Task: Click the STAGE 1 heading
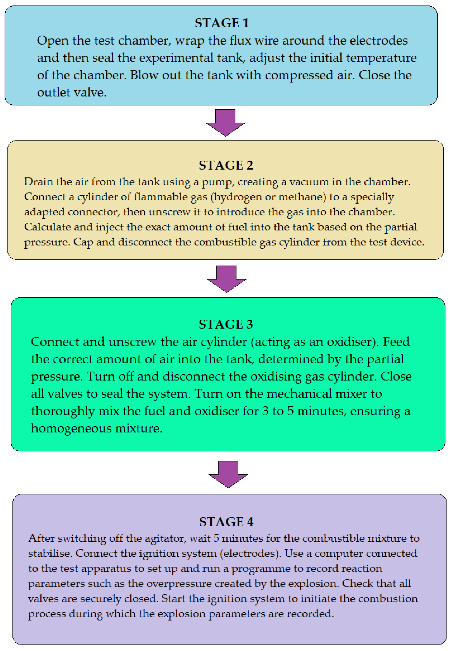pyautogui.click(x=222, y=23)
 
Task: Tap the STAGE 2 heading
pyautogui.click(x=225, y=165)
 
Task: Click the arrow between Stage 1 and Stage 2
pyautogui.click(x=225, y=122)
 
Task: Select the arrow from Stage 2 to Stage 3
pyautogui.click(x=226, y=278)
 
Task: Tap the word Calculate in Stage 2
pyautogui.click(x=47, y=227)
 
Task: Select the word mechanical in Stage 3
pyautogui.click(x=299, y=394)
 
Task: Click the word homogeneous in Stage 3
pyautogui.click(x=71, y=429)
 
